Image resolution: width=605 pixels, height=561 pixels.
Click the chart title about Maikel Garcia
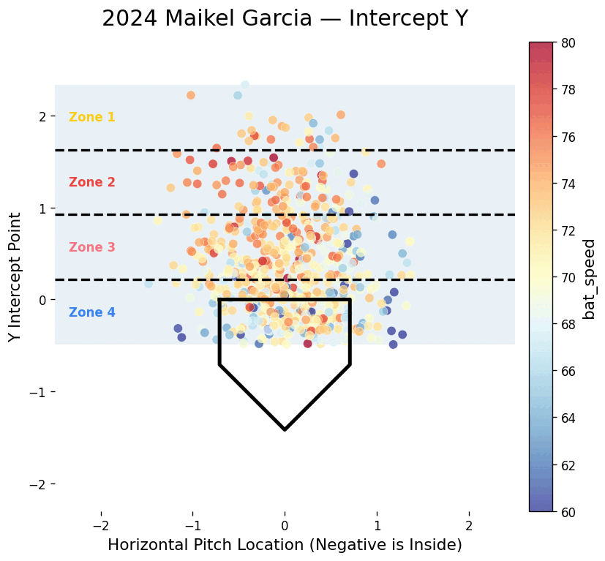click(285, 19)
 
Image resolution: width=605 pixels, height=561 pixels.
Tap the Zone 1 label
click(91, 117)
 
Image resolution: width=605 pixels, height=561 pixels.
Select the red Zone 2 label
click(91, 182)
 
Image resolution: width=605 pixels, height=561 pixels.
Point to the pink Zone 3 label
click(91, 247)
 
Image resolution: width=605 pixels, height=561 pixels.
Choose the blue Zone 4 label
click(91, 312)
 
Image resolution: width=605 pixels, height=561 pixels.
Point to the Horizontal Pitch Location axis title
click(285, 545)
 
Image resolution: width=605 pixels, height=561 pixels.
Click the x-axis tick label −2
click(100, 525)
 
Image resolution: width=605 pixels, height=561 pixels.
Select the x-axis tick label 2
click(469, 525)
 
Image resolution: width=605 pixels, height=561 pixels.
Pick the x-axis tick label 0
click(285, 525)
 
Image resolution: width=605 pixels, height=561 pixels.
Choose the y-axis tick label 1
click(42, 208)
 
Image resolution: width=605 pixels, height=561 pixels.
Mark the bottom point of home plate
click(285, 429)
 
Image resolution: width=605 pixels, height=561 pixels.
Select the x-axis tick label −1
click(192, 525)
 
